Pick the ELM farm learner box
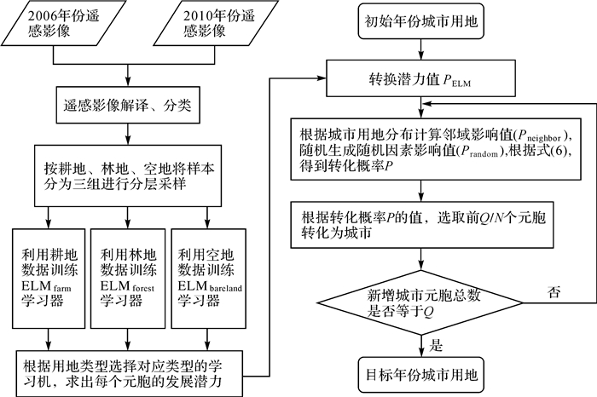tap(49, 277)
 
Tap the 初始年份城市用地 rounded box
tap(421, 24)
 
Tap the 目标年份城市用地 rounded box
tap(421, 373)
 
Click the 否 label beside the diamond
tap(554, 291)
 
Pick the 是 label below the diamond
tap(438, 345)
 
